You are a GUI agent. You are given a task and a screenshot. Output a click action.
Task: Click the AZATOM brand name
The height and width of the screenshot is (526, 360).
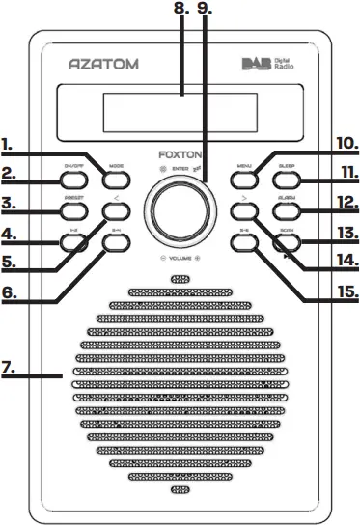[105, 65]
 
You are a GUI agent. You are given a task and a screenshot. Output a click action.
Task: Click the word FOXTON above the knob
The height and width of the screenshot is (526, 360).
[180, 152]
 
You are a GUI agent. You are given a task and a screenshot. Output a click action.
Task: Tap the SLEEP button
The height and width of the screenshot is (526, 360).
[287, 178]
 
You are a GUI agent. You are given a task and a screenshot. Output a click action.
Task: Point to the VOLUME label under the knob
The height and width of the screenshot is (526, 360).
[180, 259]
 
